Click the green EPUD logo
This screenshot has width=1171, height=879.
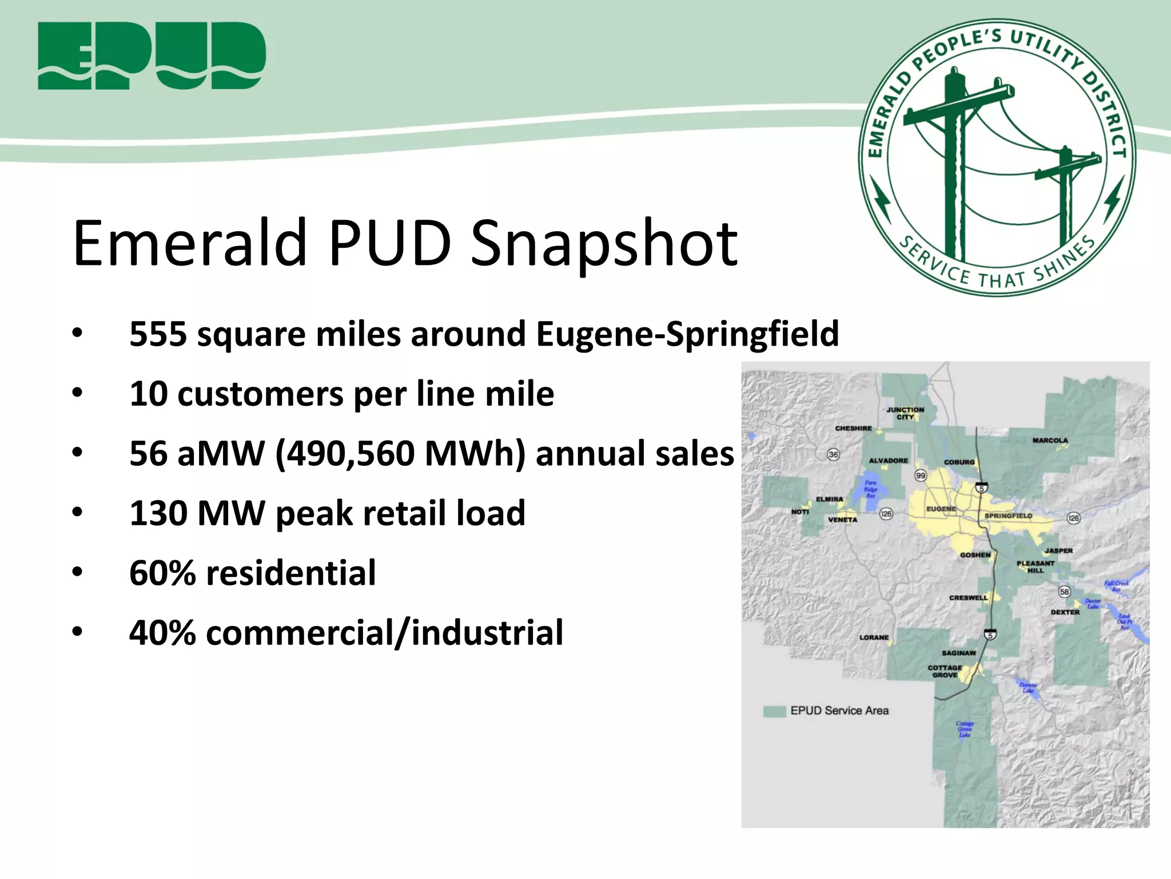pyautogui.click(x=152, y=56)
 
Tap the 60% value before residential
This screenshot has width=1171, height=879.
pyautogui.click(x=162, y=573)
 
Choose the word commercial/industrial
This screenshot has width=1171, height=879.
pyautogui.click(x=384, y=633)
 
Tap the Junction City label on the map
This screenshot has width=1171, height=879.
pyautogui.click(x=905, y=413)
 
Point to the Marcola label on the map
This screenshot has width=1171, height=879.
pyautogui.click(x=1050, y=440)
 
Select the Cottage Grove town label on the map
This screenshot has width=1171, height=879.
pyautogui.click(x=945, y=671)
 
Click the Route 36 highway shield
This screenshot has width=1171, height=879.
pyautogui.click(x=833, y=454)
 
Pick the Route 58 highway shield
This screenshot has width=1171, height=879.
pyautogui.click(x=1064, y=592)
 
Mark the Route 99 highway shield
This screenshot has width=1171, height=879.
pyautogui.click(x=921, y=475)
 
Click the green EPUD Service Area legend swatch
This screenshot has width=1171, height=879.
pyautogui.click(x=774, y=711)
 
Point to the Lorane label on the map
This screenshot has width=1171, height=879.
pyautogui.click(x=874, y=637)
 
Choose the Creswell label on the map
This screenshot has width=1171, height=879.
pyautogui.click(x=968, y=597)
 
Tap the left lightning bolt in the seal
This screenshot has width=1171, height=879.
pyautogui.click(x=881, y=198)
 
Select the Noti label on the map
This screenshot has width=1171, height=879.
pyautogui.click(x=799, y=512)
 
